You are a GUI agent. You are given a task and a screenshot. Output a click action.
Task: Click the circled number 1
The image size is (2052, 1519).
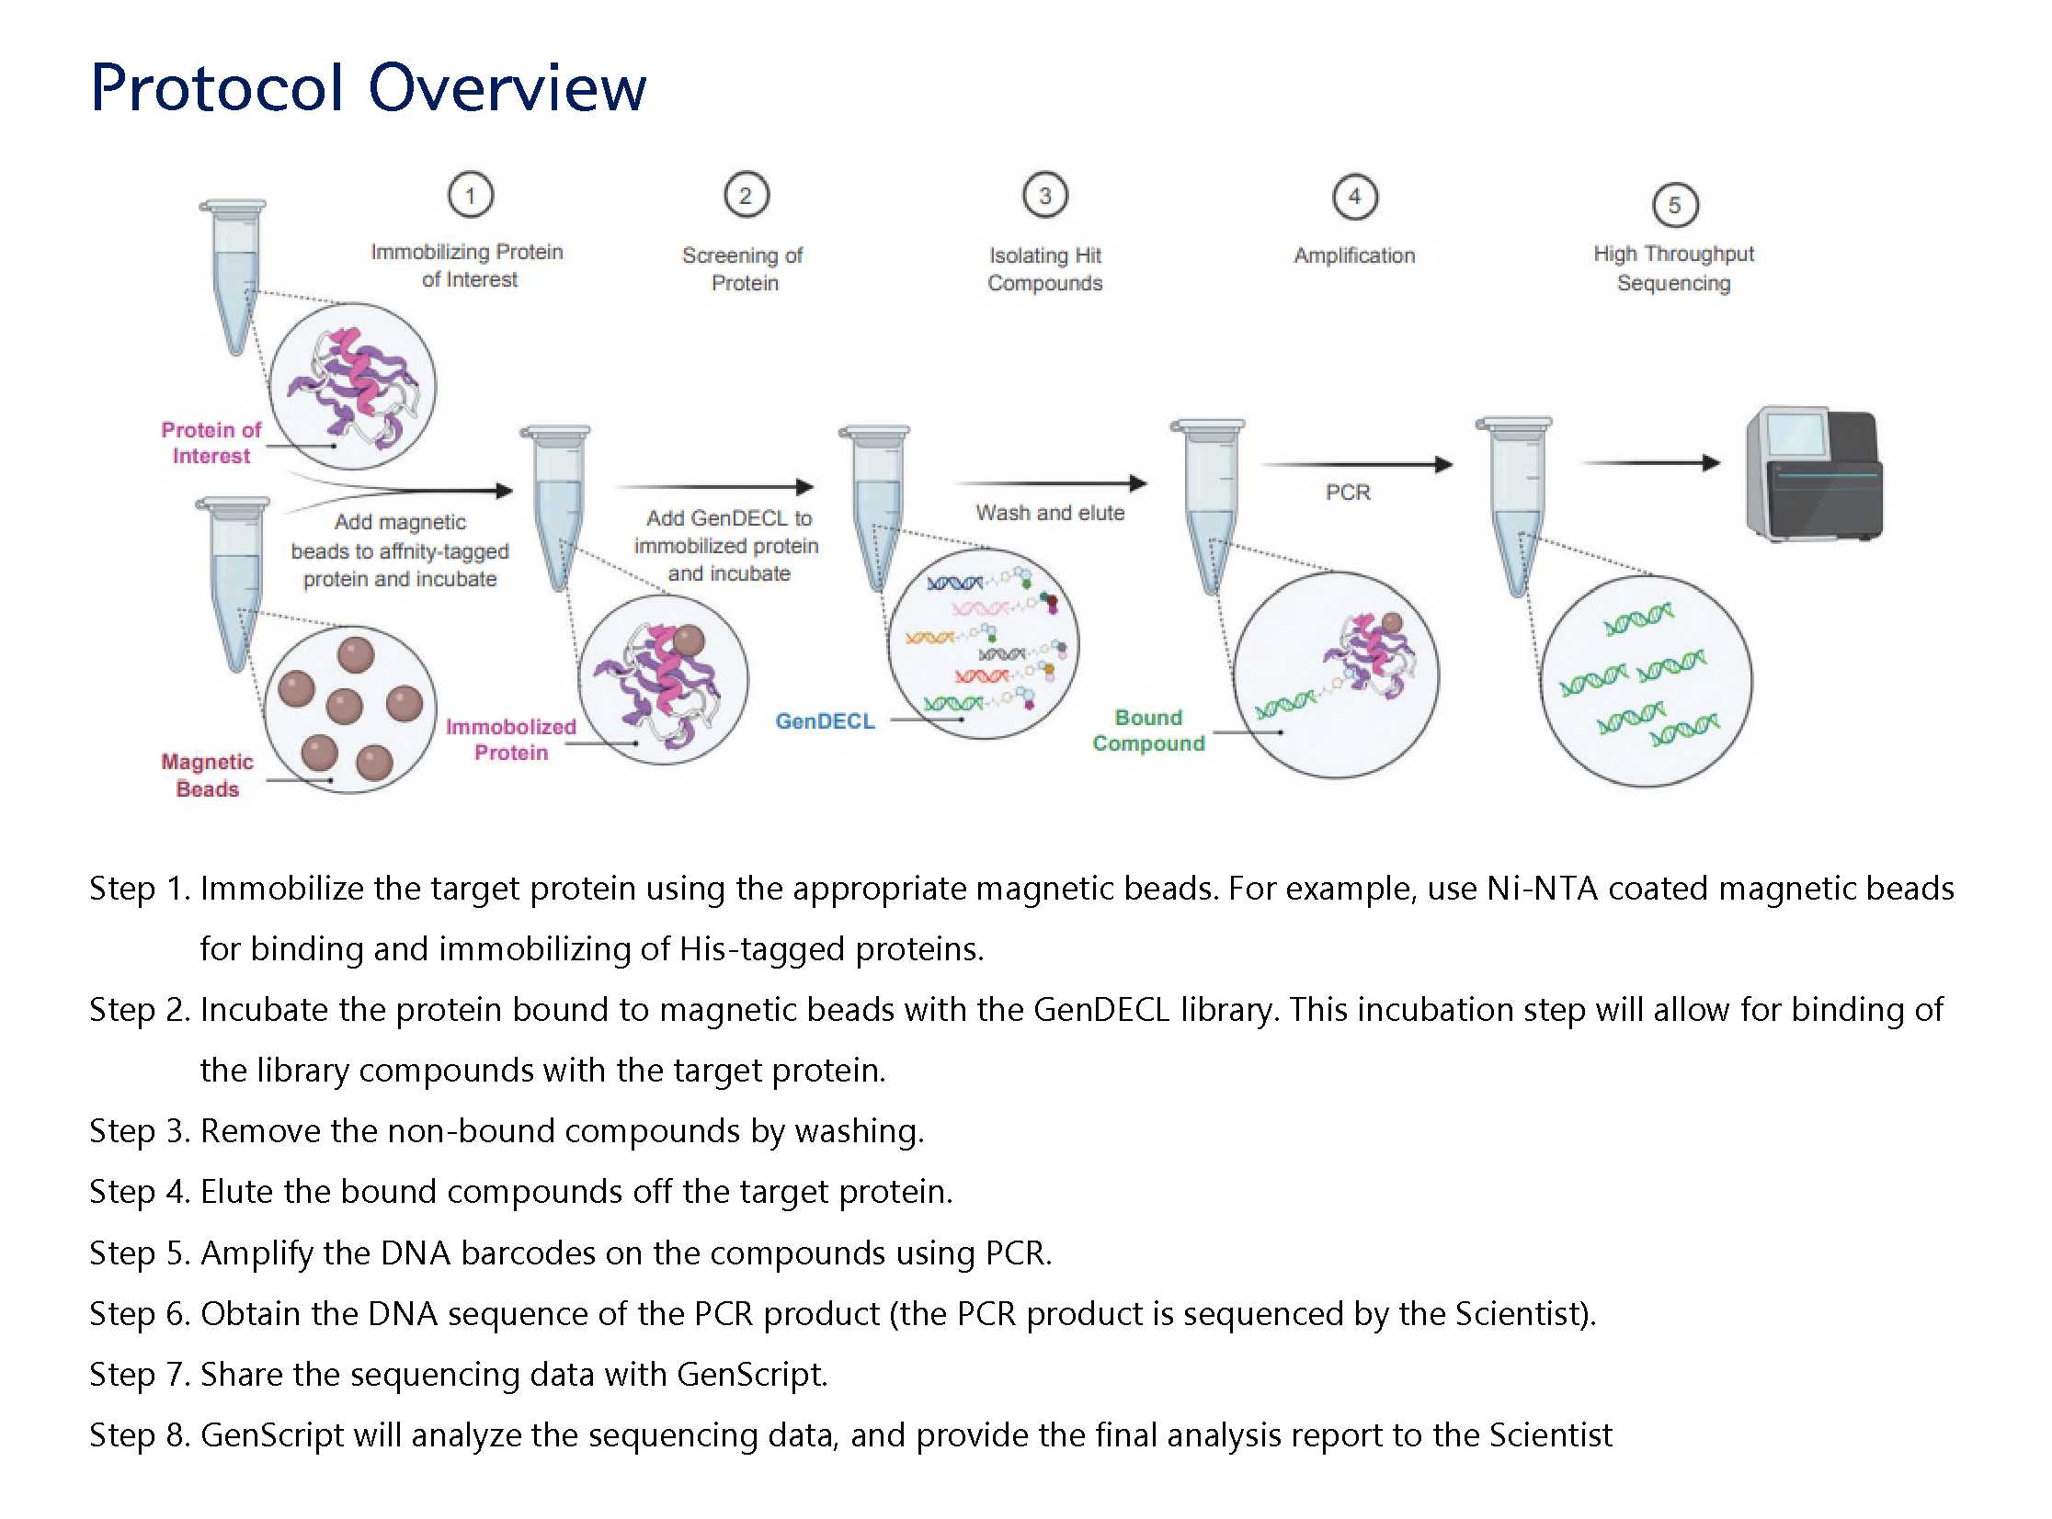pyautogui.click(x=470, y=195)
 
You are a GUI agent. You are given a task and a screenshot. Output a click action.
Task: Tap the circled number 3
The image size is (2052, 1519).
pyautogui.click(x=1045, y=195)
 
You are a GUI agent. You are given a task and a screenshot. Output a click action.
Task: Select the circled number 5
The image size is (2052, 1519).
pyautogui.click(x=1674, y=204)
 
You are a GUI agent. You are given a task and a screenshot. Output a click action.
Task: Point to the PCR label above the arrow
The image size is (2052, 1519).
pyautogui.click(x=1348, y=493)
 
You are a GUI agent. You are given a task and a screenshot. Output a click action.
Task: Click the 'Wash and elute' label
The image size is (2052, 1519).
pyautogui.click(x=1050, y=513)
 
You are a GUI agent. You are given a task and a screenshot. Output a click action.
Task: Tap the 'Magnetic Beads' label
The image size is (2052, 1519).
pyautogui.click(x=207, y=776)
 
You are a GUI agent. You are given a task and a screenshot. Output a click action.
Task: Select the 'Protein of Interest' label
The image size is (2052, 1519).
pyautogui.click(x=211, y=442)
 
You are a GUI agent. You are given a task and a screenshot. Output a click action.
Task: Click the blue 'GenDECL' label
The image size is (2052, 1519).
pyautogui.click(x=825, y=721)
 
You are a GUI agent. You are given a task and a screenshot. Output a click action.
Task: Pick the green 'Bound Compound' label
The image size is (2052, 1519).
pyautogui.click(x=1148, y=730)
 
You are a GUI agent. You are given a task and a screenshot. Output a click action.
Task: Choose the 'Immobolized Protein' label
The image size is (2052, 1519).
pyautogui.click(x=510, y=739)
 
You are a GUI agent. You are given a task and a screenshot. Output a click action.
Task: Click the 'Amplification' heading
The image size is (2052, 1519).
pyautogui.click(x=1354, y=255)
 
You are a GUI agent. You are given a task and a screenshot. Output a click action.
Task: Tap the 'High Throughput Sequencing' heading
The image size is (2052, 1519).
pyautogui.click(x=1673, y=267)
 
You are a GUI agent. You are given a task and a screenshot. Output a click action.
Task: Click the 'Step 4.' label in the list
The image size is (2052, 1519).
pyautogui.click(x=139, y=1192)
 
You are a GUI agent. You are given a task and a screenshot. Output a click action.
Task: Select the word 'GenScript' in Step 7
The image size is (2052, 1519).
pyautogui.click(x=750, y=1375)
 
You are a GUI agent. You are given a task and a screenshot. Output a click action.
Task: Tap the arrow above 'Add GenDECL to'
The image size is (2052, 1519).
pyautogui.click(x=714, y=486)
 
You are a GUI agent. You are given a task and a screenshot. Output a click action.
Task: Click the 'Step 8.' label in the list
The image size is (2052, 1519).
pyautogui.click(x=139, y=1435)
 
